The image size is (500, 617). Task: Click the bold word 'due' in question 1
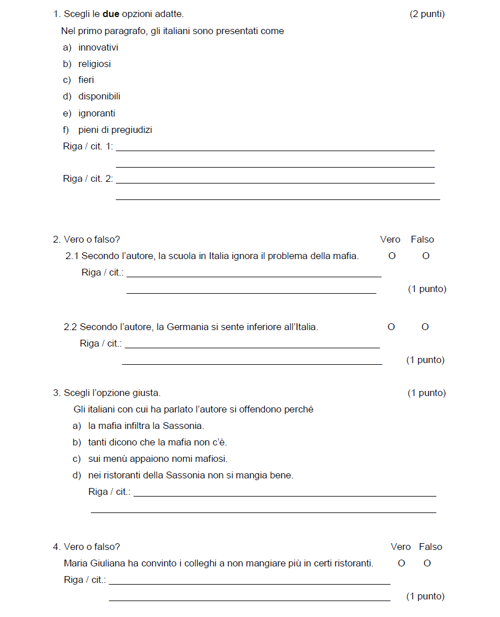point(111,14)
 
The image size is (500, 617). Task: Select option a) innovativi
point(98,48)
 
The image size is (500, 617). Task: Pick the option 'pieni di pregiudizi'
point(115,130)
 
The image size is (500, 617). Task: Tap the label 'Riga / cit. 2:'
point(88,179)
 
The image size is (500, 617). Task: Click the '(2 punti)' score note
point(427,14)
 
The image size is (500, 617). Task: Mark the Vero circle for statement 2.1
point(391,256)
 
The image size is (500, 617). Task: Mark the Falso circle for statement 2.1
point(426,256)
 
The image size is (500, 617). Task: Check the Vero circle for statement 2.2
point(391,327)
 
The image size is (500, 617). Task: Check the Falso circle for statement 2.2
point(425,327)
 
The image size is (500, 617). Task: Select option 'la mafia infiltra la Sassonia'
point(145,426)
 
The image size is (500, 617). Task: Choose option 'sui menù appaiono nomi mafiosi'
point(157,459)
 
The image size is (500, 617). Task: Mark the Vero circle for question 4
point(401,564)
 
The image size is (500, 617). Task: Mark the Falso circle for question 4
point(427,564)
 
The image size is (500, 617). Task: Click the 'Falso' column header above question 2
point(422,240)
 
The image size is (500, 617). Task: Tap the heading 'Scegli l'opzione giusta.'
point(112,393)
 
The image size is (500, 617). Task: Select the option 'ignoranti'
point(97,114)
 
